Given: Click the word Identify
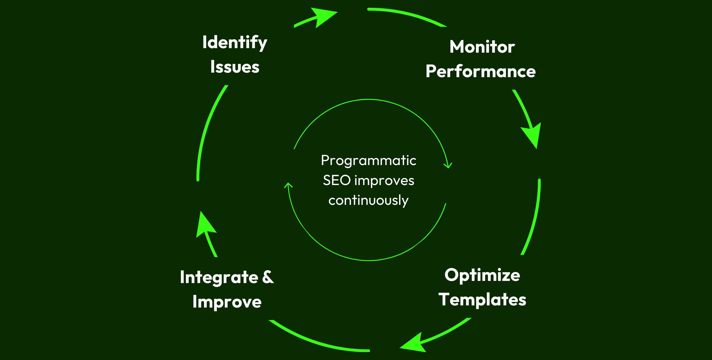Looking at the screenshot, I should pos(235,43).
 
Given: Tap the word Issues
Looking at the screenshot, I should pos(235,67).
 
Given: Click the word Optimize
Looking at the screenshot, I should pos(482,275).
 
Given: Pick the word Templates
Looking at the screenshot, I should pos(482,300).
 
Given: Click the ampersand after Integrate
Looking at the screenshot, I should pos(268,277).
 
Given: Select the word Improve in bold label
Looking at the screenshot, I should pos(227,302).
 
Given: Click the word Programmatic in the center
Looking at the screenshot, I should pos(368,161).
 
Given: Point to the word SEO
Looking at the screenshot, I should pos(337,180).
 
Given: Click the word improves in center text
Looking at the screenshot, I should pos(384,181).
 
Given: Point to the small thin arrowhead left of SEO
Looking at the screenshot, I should pos(288,185).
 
